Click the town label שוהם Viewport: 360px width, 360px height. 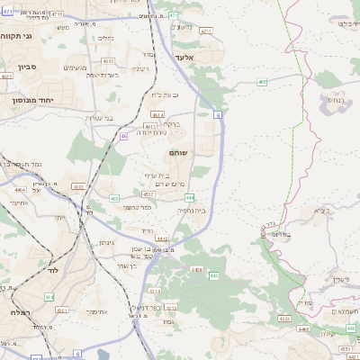tap(178, 154)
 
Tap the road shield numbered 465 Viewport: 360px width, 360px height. tap(261, 82)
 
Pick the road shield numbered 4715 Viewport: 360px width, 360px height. tap(58, 15)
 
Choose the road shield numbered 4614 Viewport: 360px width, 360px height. tap(157, 115)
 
